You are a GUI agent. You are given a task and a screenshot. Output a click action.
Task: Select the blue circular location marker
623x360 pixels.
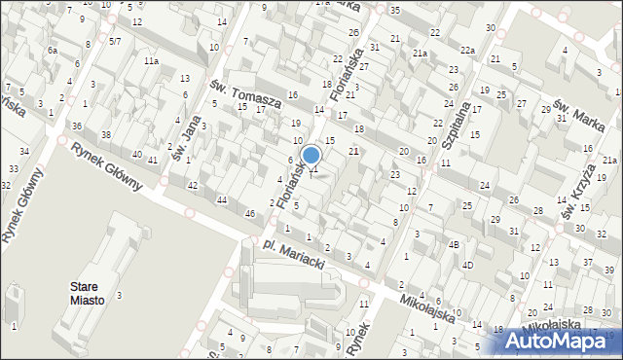point(311,155)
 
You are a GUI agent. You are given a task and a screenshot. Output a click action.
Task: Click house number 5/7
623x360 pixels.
point(115,41)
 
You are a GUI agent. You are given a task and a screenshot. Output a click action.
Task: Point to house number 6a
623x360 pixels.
point(53,51)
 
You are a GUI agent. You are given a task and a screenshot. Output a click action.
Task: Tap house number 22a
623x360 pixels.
point(467,51)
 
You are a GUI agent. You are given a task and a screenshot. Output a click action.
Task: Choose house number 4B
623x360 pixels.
point(454,245)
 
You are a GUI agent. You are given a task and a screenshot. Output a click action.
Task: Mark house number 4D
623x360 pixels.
point(467,266)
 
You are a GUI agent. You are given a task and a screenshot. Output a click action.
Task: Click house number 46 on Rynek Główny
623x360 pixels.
point(249,213)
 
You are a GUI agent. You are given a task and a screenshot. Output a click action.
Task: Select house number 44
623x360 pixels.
point(222,199)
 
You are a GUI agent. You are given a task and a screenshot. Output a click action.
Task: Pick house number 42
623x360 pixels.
point(193,185)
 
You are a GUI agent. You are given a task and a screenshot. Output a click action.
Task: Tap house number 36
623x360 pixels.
point(77,126)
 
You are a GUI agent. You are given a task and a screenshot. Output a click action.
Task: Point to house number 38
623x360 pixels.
point(106,134)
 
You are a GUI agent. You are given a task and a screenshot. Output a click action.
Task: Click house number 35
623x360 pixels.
point(394,10)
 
